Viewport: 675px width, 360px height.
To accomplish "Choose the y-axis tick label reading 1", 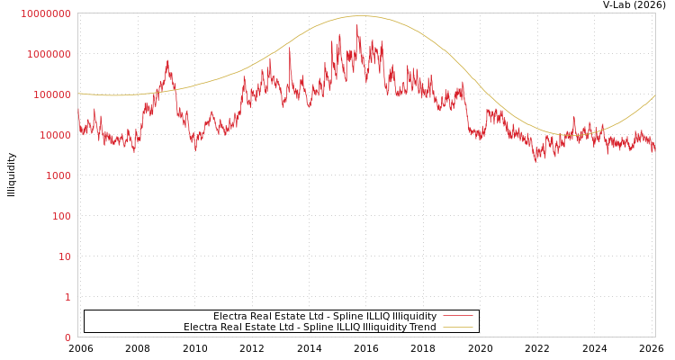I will [67, 297].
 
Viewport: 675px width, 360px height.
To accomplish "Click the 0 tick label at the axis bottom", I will [67, 337].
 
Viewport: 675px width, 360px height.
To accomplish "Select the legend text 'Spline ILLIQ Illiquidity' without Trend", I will [325, 316].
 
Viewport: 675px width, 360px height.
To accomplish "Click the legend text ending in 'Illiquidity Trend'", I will [310, 327].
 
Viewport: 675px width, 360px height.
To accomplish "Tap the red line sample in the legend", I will [458, 316].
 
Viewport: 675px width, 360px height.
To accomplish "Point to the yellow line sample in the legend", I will [458, 327].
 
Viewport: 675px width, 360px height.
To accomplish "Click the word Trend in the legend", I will [422, 327].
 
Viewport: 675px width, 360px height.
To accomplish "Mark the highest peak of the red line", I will [357, 25].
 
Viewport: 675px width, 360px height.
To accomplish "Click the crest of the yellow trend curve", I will [362, 16].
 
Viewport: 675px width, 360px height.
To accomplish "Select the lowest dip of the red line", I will [535, 162].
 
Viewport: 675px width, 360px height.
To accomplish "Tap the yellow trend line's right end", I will [655, 95].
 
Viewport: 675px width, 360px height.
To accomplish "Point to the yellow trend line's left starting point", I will [78, 93].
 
